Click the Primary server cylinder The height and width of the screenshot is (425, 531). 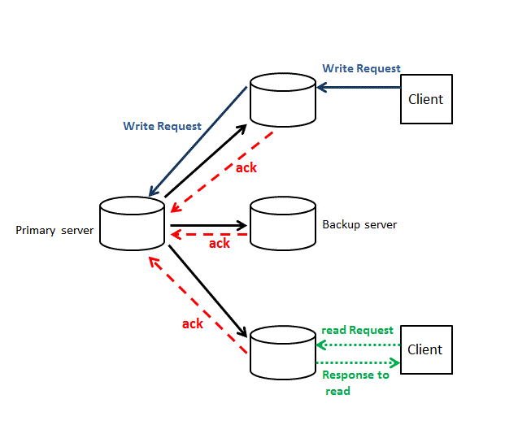132,224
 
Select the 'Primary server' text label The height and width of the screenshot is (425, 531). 54,231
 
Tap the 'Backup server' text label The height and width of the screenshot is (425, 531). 359,224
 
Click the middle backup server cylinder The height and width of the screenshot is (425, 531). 282,223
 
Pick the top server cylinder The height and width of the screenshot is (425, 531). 282,99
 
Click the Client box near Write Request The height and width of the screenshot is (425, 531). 426,99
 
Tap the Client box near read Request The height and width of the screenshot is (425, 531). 425,349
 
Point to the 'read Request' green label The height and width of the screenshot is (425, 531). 358,330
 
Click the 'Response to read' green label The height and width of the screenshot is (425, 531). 355,383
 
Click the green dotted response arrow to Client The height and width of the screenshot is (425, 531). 358,362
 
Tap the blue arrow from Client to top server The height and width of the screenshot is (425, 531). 359,86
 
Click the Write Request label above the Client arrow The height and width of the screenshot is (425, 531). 361,68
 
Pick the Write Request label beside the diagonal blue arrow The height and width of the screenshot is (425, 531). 162,126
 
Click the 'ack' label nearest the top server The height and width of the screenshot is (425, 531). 246,167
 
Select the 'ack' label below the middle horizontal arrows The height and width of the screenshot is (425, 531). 220,243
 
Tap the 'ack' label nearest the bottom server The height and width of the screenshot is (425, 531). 193,323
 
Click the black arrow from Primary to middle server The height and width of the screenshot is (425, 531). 208,225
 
